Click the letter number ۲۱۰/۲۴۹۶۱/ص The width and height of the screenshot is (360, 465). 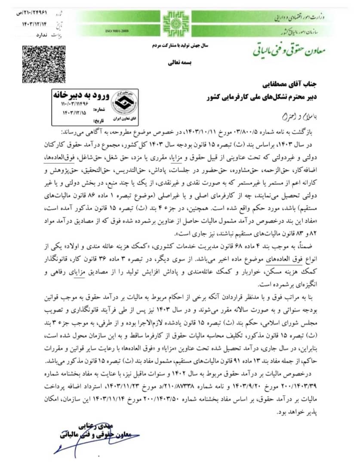point(36,6)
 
